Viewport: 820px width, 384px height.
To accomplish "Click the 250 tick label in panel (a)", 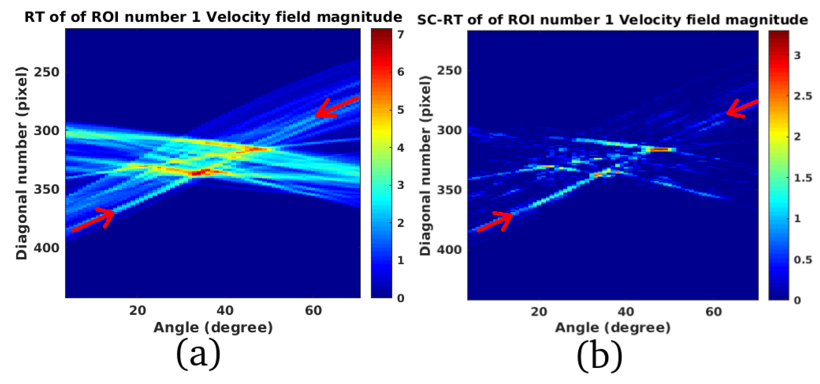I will (46, 72).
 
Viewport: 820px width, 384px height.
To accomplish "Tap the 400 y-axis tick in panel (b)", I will (449, 250).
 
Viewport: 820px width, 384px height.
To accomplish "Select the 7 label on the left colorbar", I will (400, 34).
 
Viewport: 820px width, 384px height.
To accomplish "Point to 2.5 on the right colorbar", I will (802, 96).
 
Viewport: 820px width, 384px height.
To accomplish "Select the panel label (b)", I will (599, 355).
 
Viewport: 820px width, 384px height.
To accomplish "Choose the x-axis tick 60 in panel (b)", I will (714, 311).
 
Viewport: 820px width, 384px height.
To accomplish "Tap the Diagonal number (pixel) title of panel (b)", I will (425, 166).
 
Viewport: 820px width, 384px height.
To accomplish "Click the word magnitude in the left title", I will (359, 17).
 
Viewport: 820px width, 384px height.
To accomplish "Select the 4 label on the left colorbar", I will (400, 148).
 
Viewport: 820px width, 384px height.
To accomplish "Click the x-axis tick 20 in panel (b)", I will (539, 311).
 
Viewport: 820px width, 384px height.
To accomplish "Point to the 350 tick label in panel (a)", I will (46, 189).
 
